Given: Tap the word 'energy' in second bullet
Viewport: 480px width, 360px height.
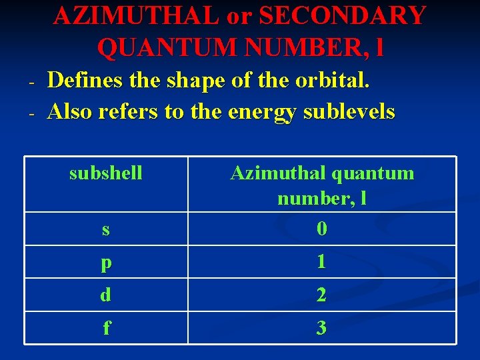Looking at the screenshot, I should coord(263,111).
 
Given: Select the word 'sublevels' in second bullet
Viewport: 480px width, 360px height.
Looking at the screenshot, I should coord(350,111).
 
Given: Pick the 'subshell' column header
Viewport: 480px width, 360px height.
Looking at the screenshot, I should coord(106,173).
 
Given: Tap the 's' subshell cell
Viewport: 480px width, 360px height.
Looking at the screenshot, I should coord(106,229).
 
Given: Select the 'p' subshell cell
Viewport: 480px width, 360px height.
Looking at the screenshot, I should coord(106,263).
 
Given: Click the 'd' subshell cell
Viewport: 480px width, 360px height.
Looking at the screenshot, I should coord(106,295).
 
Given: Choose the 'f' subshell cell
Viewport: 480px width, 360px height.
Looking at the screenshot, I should coord(106,328).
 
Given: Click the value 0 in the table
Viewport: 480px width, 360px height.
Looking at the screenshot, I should coord(322,229).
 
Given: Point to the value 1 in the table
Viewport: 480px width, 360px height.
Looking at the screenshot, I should coord(322,262).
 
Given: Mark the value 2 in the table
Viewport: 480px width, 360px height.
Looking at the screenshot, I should coord(322,295).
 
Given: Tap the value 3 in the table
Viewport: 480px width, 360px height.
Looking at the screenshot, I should coord(322,328).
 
